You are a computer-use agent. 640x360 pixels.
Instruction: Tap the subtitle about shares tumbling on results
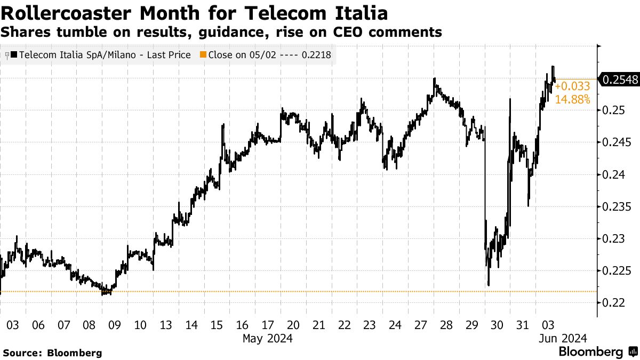tap(221, 33)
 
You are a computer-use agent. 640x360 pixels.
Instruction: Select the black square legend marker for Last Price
tap(13, 55)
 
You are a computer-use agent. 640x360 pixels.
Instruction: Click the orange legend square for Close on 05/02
tap(203, 55)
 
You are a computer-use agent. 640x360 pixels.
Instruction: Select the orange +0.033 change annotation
tap(572, 87)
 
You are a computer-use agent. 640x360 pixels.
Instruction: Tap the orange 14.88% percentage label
tap(572, 99)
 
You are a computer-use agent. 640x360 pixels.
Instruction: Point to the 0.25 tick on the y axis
tap(613, 110)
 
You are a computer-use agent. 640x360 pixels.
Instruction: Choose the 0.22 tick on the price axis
tap(613, 302)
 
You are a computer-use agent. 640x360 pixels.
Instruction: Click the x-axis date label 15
tap(217, 325)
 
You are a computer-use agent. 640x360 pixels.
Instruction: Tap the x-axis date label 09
tap(115, 325)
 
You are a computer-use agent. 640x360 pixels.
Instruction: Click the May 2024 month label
tap(267, 338)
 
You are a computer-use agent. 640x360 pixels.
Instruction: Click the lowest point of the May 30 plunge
tap(489, 285)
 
